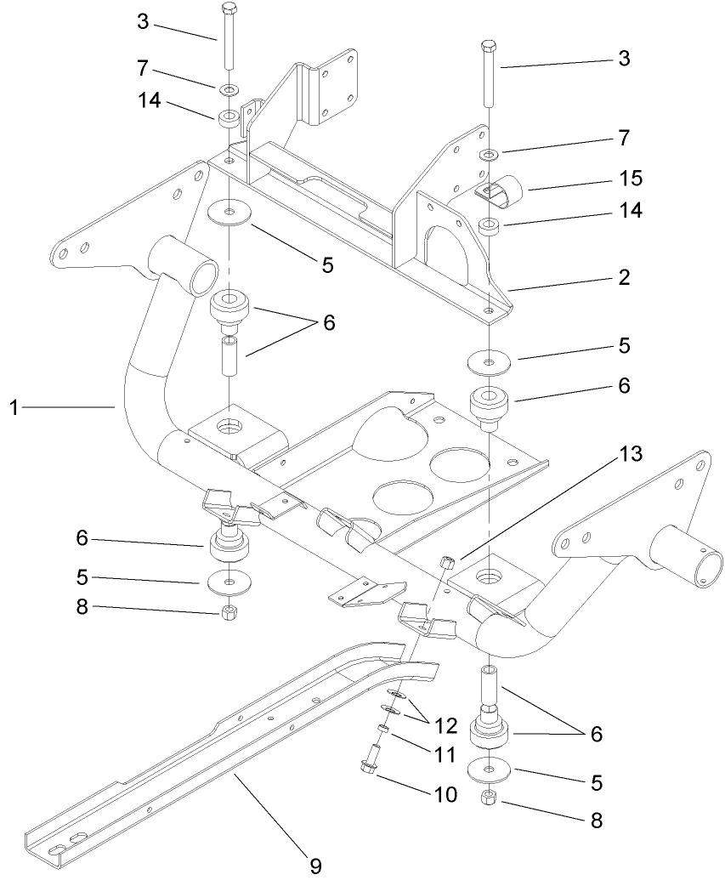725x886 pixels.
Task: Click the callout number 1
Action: [x=14, y=408]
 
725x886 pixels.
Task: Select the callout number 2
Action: [x=624, y=277]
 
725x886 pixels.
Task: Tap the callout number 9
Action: [x=314, y=866]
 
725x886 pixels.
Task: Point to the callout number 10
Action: [x=445, y=794]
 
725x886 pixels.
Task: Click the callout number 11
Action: [x=445, y=755]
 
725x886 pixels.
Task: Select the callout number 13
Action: [x=630, y=453]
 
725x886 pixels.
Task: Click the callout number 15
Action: [x=631, y=179]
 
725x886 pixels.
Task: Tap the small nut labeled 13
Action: [x=450, y=560]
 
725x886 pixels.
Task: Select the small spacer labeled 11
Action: [x=383, y=729]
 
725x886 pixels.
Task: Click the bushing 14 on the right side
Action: [x=489, y=226]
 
